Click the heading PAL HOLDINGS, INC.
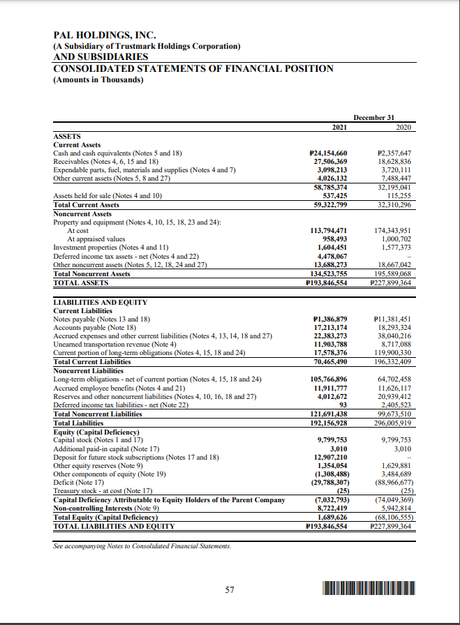pos(105,35)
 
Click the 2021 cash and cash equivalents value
pos(328,153)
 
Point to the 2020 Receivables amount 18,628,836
pos(394,160)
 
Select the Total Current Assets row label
pos(86,204)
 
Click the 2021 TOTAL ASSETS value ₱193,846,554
pos(328,283)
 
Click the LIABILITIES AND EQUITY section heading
pos(101,301)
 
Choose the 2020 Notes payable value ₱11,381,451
pos(393,318)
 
